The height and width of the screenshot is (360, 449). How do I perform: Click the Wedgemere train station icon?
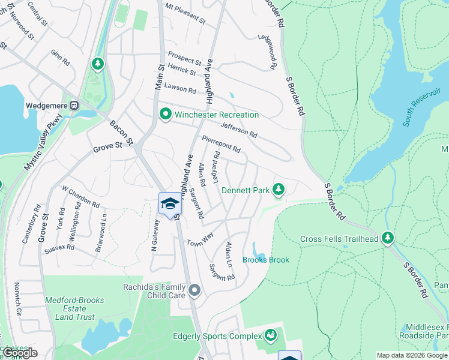[74, 106]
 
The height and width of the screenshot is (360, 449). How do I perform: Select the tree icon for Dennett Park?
[278, 190]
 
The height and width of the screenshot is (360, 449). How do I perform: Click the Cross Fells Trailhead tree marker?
[388, 239]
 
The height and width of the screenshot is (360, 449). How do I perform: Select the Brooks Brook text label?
[265, 260]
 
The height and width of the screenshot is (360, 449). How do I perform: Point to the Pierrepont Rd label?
[221, 143]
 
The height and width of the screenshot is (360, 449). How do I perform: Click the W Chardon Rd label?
[80, 196]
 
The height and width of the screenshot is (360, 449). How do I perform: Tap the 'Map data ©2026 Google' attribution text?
[412, 355]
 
